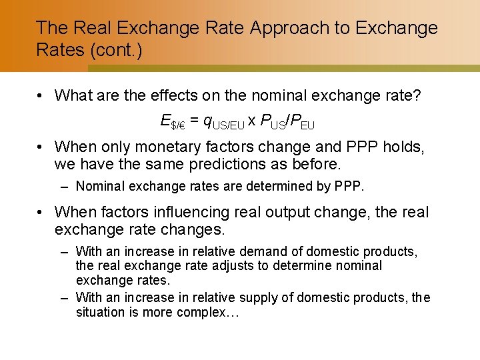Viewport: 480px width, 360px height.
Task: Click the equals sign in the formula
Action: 194,121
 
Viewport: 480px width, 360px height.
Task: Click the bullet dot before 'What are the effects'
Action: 41,96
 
